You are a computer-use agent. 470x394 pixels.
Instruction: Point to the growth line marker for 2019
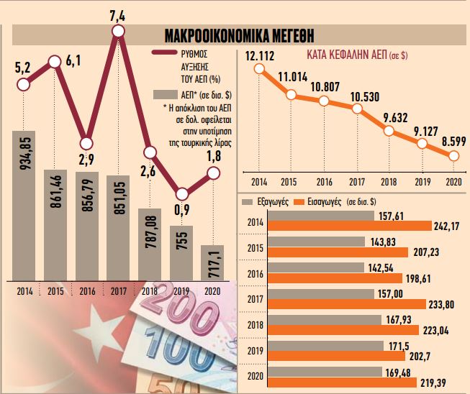pyautogui.click(x=181, y=193)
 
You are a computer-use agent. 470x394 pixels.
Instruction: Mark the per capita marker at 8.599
pyautogui.click(x=453, y=156)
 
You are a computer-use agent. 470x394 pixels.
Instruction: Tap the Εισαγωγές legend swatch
pyautogui.click(x=301, y=202)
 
